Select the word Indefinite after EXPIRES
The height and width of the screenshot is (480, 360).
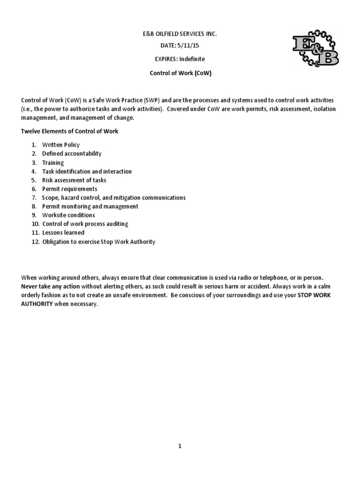click(x=191, y=59)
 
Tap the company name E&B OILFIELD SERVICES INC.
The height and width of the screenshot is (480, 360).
click(x=180, y=34)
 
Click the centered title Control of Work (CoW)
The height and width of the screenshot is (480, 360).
click(x=180, y=74)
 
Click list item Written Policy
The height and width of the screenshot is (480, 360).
click(x=61, y=145)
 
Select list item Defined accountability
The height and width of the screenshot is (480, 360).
click(x=72, y=154)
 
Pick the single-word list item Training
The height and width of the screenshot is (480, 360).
click(x=53, y=163)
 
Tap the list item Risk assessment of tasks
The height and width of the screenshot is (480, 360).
click(x=74, y=180)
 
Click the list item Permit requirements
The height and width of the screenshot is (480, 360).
click(x=70, y=189)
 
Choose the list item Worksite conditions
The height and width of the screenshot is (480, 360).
click(x=68, y=215)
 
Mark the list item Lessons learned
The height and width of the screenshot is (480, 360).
click(x=63, y=232)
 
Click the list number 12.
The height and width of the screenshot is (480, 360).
click(x=35, y=242)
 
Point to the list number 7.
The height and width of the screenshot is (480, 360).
click(x=34, y=198)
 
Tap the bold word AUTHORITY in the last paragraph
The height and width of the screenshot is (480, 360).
click(x=37, y=304)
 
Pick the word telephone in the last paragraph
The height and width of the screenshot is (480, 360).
click(x=268, y=277)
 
